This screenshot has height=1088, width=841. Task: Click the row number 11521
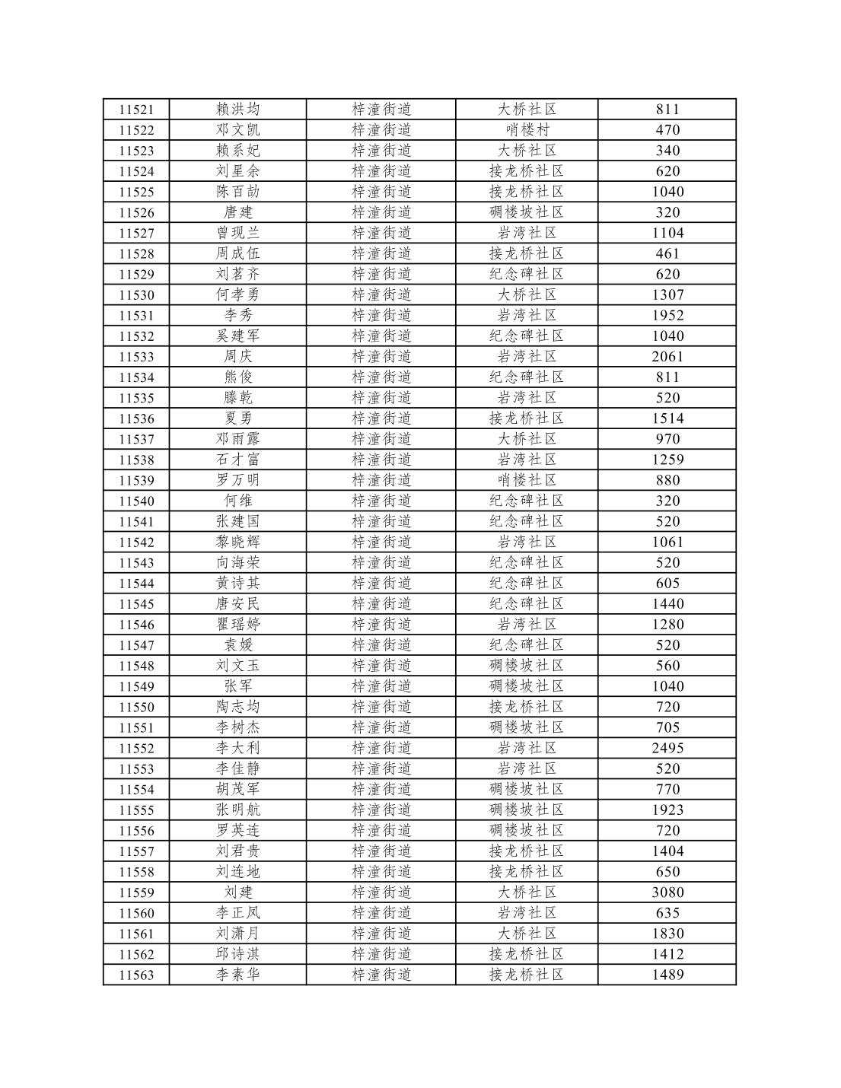(136, 110)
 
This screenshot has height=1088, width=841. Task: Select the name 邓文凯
(237, 130)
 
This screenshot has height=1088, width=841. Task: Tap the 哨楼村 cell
(527, 130)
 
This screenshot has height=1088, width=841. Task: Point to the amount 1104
(667, 233)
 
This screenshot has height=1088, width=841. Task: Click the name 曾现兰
(237, 233)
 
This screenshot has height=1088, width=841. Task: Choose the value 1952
(667, 315)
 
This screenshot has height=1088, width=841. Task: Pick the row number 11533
(136, 357)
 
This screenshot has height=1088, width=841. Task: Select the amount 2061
(667, 357)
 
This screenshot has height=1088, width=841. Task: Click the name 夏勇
(237, 418)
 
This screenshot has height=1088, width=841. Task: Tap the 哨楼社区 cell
(527, 480)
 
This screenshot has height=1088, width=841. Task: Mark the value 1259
(667, 460)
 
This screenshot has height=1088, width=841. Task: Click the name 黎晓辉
(237, 542)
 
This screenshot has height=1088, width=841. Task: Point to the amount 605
(667, 584)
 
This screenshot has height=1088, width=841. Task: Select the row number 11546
(136, 625)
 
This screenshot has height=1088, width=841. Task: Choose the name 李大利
(237, 748)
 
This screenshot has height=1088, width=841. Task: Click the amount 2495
(667, 748)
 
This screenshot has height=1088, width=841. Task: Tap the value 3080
(667, 892)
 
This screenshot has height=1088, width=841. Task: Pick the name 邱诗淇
(237, 954)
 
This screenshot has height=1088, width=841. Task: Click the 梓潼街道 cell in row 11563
(381, 975)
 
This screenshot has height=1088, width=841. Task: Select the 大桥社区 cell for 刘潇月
(527, 934)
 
